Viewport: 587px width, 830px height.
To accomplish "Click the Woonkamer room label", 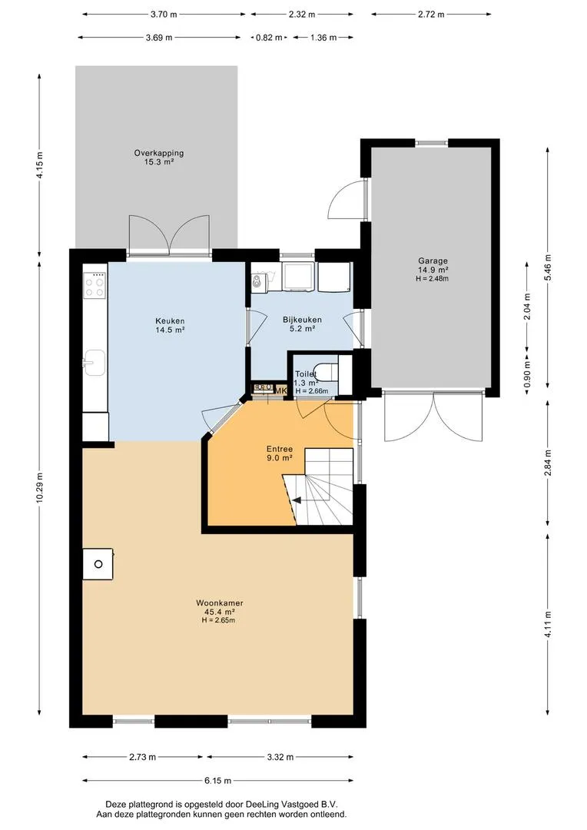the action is [219, 603].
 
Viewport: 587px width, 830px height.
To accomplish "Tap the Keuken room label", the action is [170, 320].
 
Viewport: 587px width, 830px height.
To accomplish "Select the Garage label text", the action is [433, 261].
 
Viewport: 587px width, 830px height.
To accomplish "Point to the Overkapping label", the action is [159, 153].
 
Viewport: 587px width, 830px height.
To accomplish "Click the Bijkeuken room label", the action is [302, 320].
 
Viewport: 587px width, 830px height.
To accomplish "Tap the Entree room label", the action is [280, 449].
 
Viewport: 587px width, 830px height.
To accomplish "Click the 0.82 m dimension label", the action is [269, 38].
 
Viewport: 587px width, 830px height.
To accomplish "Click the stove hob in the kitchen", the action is [95, 286].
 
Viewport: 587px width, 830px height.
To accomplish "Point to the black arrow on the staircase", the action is [297, 500].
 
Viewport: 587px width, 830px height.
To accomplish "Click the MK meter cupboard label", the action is [280, 390].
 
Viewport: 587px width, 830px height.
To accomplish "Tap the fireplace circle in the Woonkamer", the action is [98, 564].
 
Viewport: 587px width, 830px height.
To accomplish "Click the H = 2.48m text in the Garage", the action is [433, 278].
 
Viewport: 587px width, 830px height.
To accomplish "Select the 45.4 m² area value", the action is [219, 612].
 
